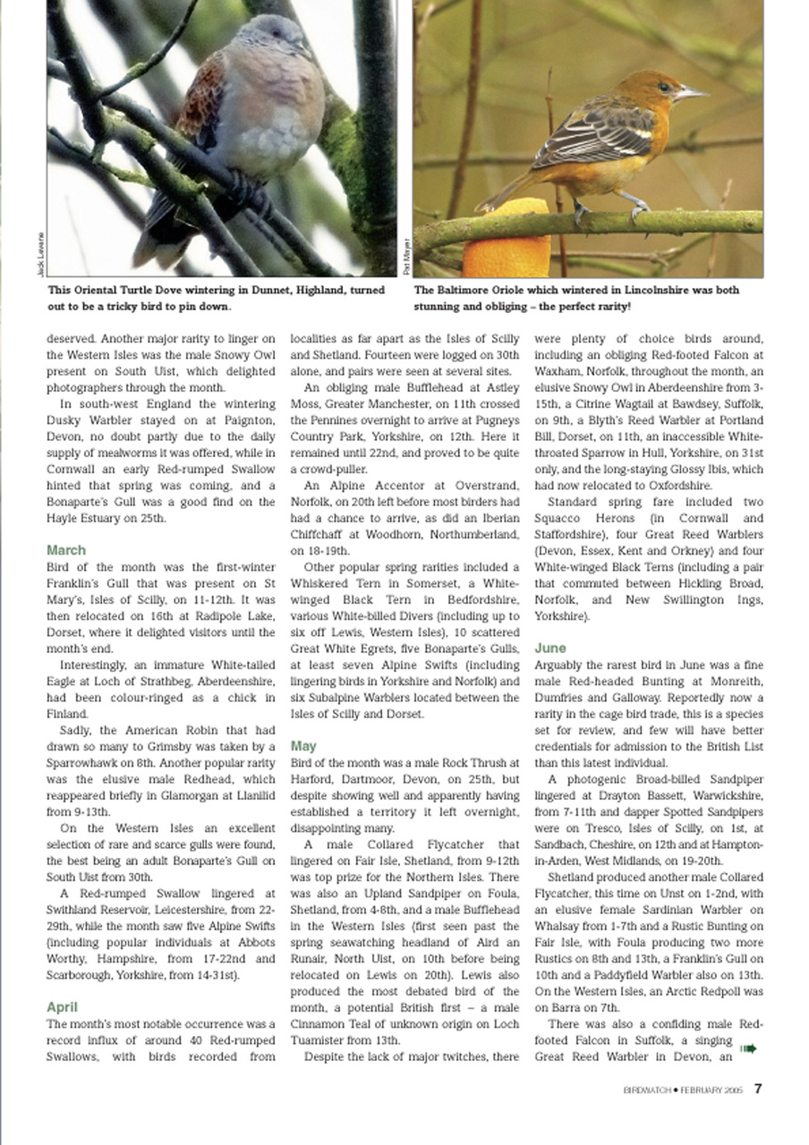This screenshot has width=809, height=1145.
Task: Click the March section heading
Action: (66, 550)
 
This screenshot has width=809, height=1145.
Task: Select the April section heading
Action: (62, 1007)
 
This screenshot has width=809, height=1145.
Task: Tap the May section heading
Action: (303, 745)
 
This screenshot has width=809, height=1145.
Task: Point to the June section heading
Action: (549, 648)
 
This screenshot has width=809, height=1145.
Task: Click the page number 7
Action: (757, 1089)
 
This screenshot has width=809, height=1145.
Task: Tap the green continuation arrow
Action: (748, 1048)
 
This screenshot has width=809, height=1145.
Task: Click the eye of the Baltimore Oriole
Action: (663, 87)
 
